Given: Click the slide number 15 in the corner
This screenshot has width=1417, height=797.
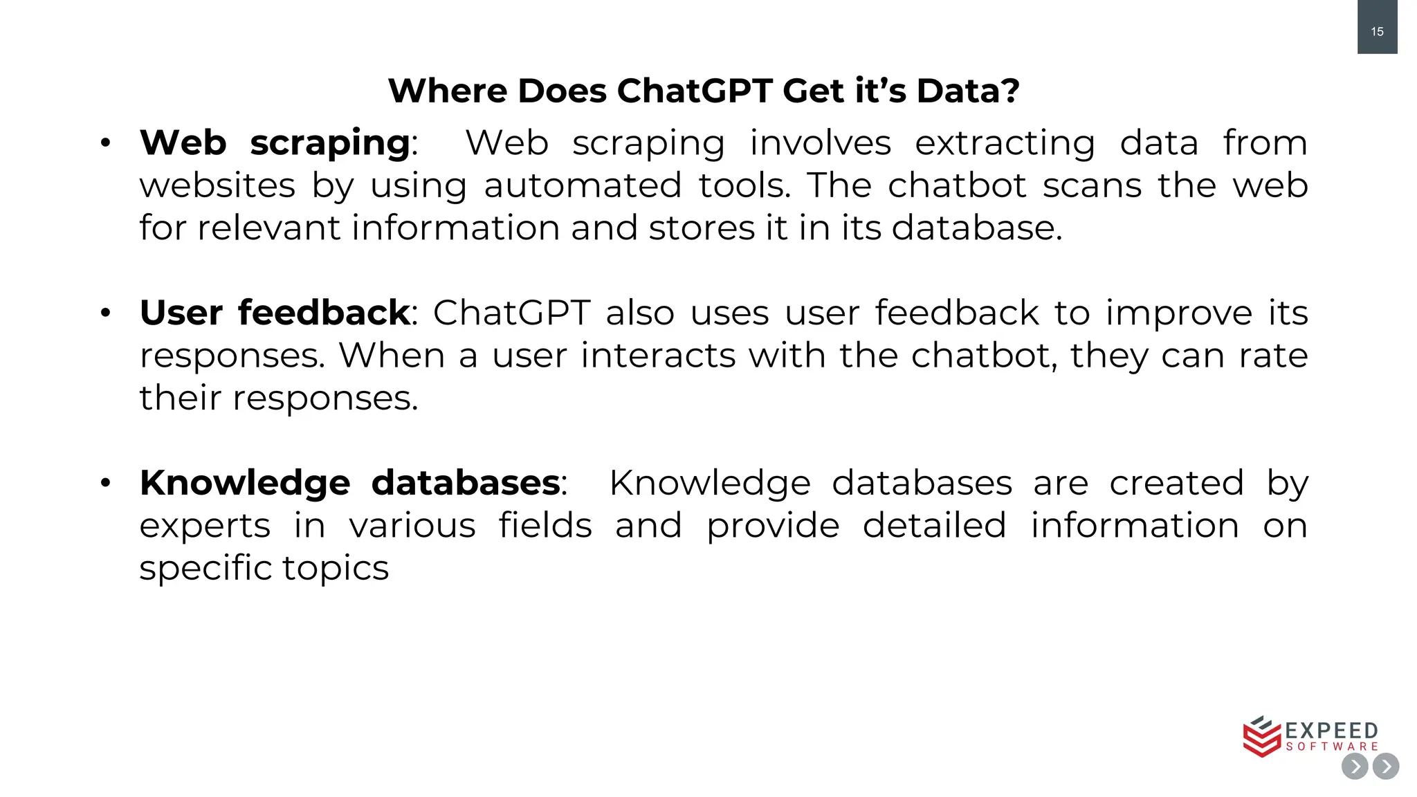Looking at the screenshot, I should pyautogui.click(x=1377, y=31).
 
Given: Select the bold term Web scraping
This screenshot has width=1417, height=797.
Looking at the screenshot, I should pyautogui.click(x=275, y=143).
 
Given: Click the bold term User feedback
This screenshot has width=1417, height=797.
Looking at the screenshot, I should pyautogui.click(x=275, y=312).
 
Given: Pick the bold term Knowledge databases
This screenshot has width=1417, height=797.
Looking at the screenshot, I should pyautogui.click(x=349, y=482).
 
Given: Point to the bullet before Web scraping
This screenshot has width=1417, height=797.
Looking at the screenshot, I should pyautogui.click(x=105, y=143).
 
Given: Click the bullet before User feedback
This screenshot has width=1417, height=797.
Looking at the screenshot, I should pyautogui.click(x=105, y=313).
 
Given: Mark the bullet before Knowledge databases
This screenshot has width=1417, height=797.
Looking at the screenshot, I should pyautogui.click(x=105, y=483).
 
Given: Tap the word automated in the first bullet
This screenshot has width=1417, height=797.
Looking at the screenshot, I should pyautogui.click(x=583, y=185).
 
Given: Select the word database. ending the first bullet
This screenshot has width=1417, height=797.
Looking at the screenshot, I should pyautogui.click(x=976, y=228).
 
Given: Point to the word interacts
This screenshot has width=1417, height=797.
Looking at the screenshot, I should pyautogui.click(x=657, y=355).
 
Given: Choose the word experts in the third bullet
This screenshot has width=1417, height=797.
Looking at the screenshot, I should pyautogui.click(x=205, y=526).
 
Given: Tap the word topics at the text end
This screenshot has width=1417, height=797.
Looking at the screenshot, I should pyautogui.click(x=335, y=568).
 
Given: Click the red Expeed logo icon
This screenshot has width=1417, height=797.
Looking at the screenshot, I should pyautogui.click(x=1261, y=737).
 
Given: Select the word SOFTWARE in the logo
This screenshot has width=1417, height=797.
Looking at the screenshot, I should pyautogui.click(x=1332, y=746).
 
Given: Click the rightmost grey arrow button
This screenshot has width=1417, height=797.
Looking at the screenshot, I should pyautogui.click(x=1386, y=767).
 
